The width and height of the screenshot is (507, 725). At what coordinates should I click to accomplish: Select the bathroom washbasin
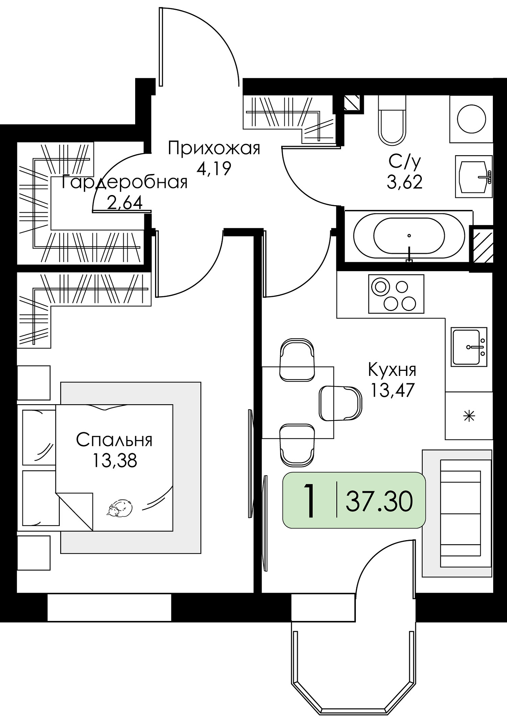click(474, 177)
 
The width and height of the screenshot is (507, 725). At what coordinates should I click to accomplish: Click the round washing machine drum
click(471, 119)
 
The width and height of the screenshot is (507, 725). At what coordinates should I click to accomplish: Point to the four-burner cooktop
click(396, 294)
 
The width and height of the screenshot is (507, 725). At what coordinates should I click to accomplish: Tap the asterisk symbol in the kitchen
click(469, 416)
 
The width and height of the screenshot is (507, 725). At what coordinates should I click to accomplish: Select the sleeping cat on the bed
click(120, 507)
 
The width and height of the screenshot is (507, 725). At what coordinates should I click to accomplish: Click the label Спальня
click(114, 440)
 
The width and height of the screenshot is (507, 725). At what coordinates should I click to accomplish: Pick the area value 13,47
click(392, 390)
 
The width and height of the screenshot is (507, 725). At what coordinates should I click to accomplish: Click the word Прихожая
click(214, 148)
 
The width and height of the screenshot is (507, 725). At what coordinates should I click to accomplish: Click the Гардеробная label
click(125, 182)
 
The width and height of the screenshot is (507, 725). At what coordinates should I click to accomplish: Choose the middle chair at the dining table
click(340, 403)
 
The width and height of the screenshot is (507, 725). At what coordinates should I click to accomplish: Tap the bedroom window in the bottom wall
click(109, 607)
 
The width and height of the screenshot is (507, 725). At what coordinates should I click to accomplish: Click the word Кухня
click(392, 370)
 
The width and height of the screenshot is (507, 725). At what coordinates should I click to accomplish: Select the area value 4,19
click(214, 168)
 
